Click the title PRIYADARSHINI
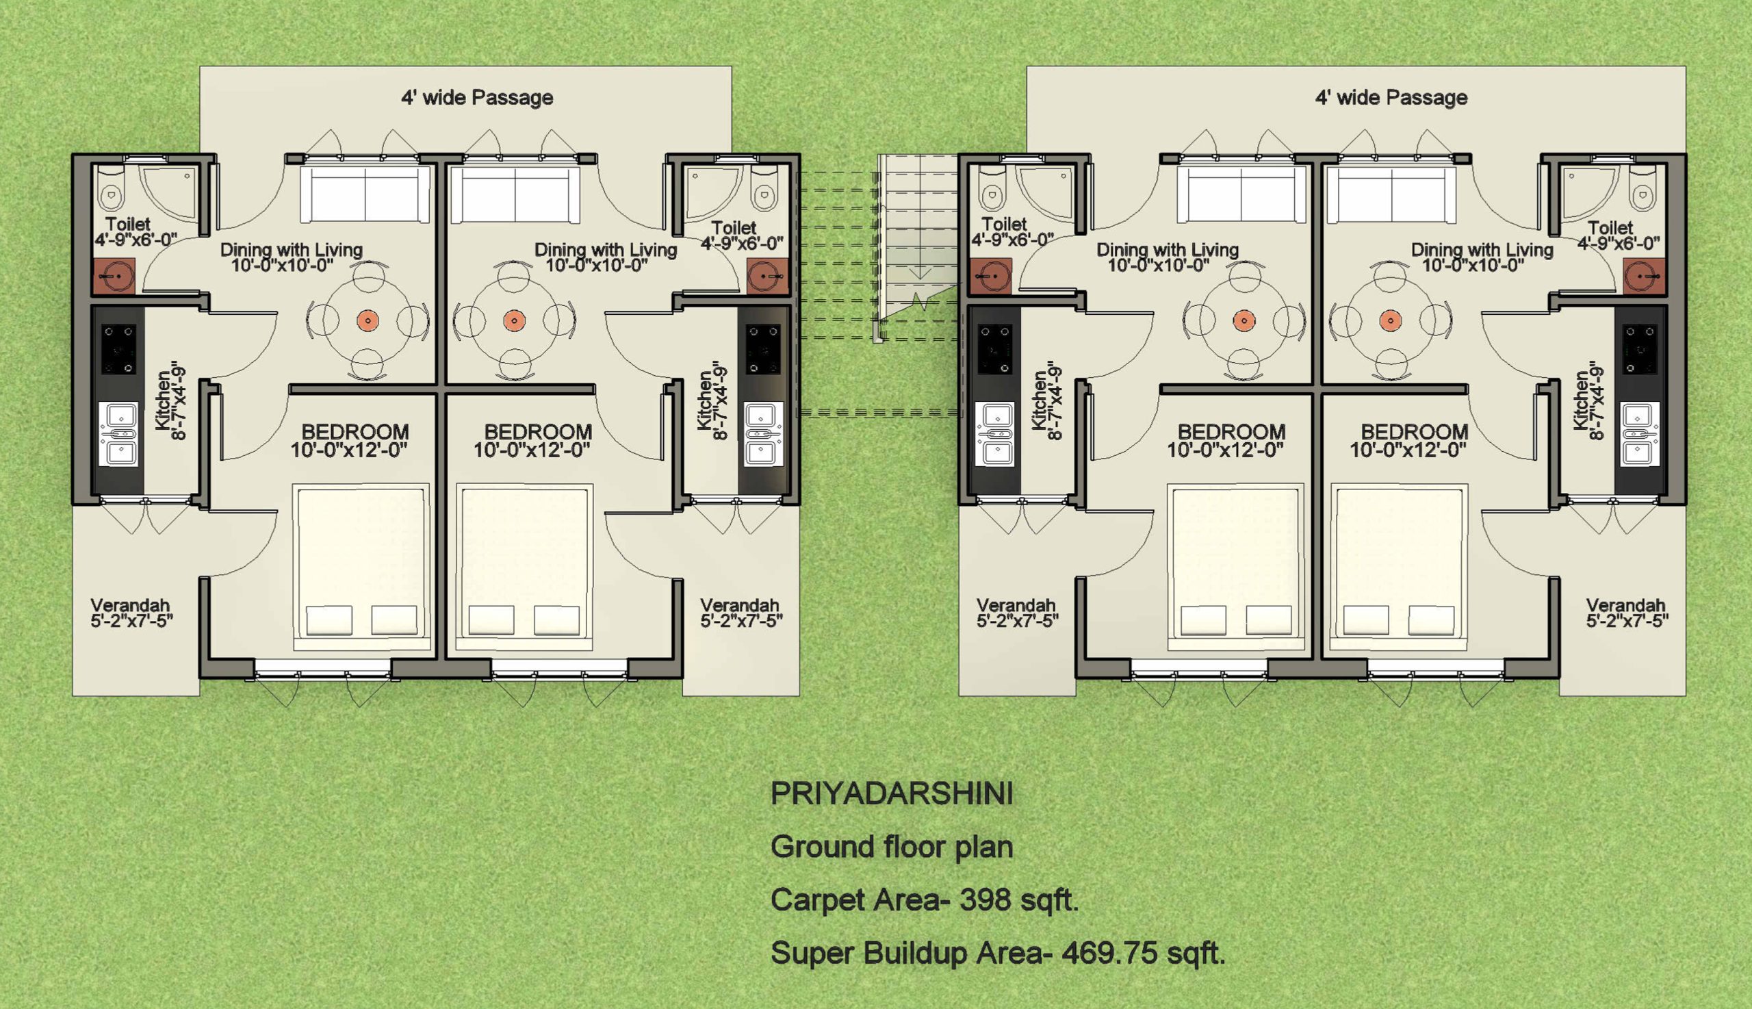[x=892, y=794]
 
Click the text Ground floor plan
[x=892, y=847]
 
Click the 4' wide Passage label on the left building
[x=477, y=98]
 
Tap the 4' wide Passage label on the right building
[x=1391, y=98]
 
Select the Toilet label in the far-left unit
[x=128, y=225]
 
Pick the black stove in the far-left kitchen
[x=118, y=348]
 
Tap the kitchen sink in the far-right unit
[x=1640, y=434]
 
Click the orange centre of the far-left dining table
[x=367, y=321]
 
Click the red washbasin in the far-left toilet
[x=114, y=276]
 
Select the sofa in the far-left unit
[x=365, y=194]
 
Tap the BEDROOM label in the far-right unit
[x=1415, y=432]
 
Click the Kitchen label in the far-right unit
[x=1582, y=400]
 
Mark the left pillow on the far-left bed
[x=329, y=620]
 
